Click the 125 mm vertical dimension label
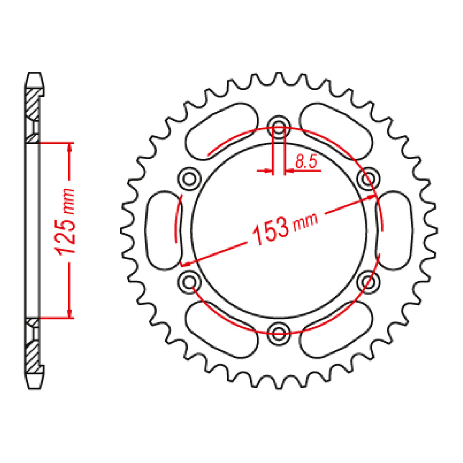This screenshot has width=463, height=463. pyautogui.click(x=64, y=221)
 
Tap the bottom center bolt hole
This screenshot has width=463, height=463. pyautogui.click(x=280, y=329)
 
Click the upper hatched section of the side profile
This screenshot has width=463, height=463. pyautogui.click(x=32, y=103)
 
